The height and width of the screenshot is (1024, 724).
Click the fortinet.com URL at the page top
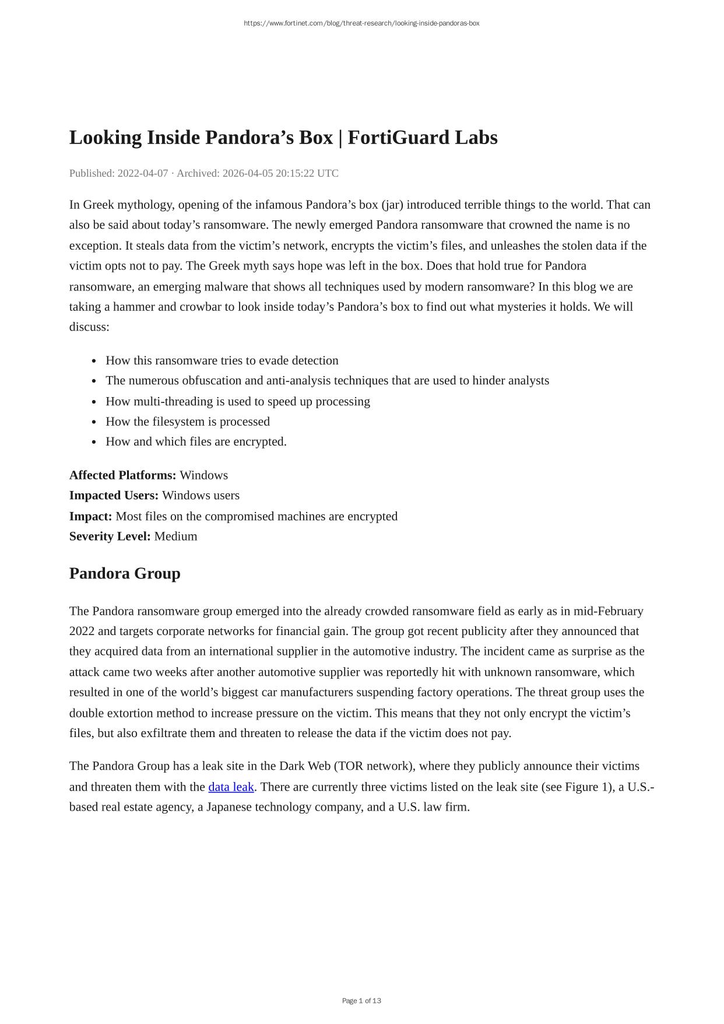tap(361, 23)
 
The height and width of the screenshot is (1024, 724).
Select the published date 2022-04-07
tap(143, 173)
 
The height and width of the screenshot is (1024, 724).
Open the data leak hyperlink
tap(231, 787)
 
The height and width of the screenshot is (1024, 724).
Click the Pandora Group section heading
tap(125, 574)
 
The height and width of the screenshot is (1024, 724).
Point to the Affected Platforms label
tap(122, 475)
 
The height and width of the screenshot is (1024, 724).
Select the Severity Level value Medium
tap(175, 536)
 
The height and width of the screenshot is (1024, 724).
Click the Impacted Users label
tap(114, 496)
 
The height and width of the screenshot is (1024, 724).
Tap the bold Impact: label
tap(90, 516)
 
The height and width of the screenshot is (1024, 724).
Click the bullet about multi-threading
tap(237, 401)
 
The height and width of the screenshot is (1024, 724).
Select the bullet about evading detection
tap(222, 360)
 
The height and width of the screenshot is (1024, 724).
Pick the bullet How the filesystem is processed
tap(187, 422)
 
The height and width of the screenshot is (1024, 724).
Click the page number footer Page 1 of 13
tap(361, 1001)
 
